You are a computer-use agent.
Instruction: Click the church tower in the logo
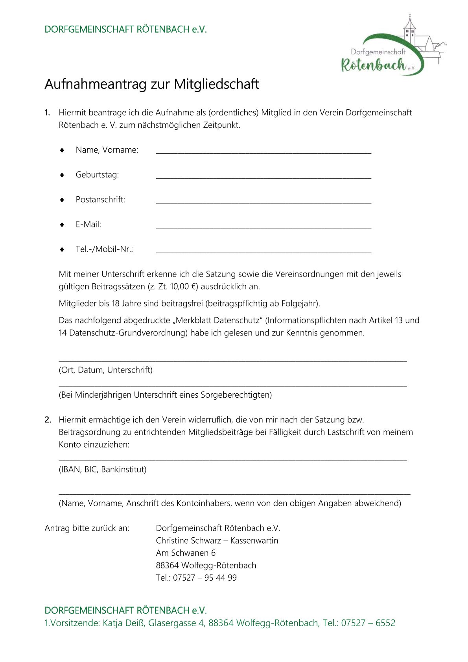coord(409,31)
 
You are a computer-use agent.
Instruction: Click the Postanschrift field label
coord(100,199)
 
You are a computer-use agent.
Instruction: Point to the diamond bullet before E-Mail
coord(62,225)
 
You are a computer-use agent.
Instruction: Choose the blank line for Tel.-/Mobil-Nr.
coord(263,251)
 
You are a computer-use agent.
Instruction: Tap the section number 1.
coord(47,112)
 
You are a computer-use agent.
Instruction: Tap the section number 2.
coord(48,420)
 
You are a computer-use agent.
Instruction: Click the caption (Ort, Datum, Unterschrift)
coord(105,370)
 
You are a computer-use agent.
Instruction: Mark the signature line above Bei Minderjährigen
coord(232,385)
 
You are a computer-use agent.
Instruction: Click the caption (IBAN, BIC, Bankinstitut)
coord(103,469)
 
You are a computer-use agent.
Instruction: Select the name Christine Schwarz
coord(188,540)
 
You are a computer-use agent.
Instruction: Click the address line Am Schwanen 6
coord(186,553)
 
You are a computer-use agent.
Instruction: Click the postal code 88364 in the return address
coord(167,565)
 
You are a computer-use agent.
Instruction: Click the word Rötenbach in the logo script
coord(373,65)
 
